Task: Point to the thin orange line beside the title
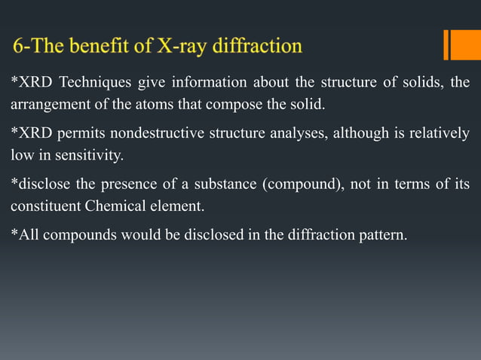point(446,44)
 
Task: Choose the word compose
point(230,103)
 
